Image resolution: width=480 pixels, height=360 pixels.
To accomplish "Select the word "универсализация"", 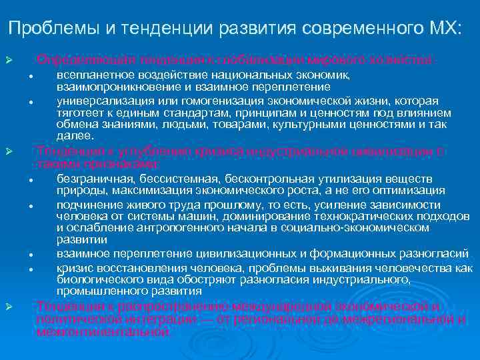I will tap(100, 101).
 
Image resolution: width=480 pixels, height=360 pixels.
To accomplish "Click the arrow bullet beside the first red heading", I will tap(9, 61).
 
